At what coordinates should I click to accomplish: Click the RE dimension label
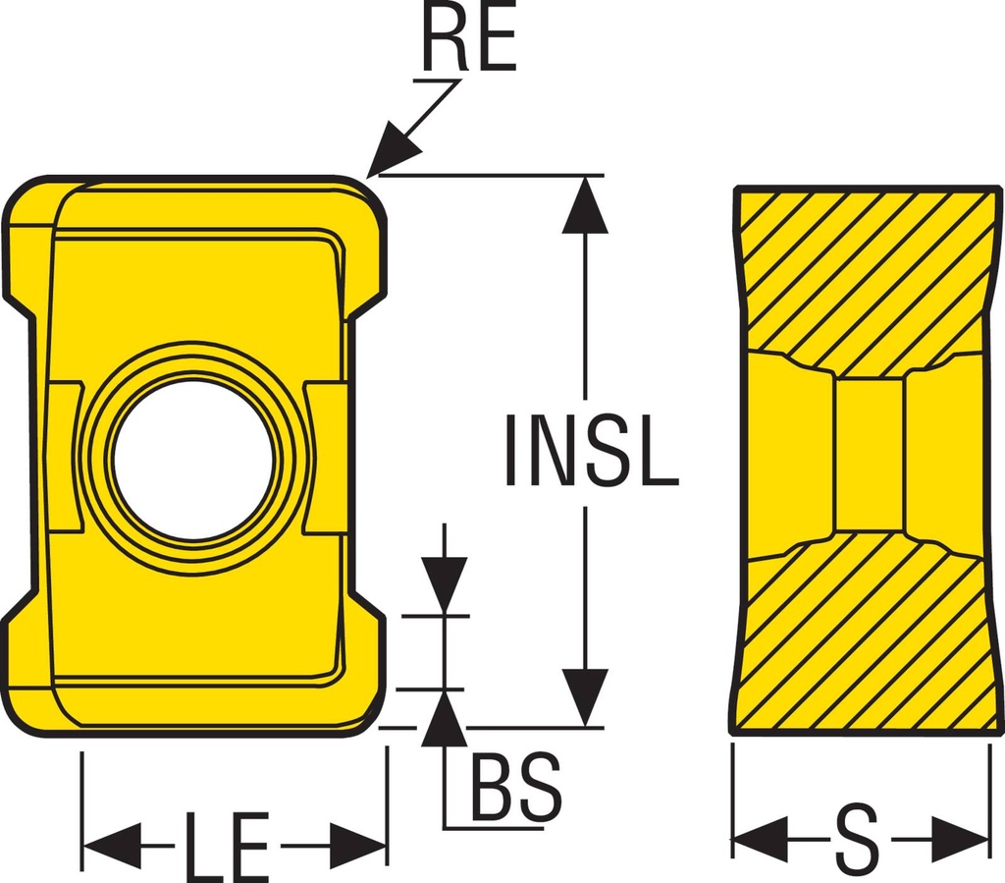pos(469,41)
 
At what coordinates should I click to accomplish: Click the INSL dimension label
pos(590,452)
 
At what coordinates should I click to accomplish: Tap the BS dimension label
pos(516,788)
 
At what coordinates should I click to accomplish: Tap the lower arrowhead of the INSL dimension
pos(586,697)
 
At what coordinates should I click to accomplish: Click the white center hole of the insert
pos(192,460)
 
